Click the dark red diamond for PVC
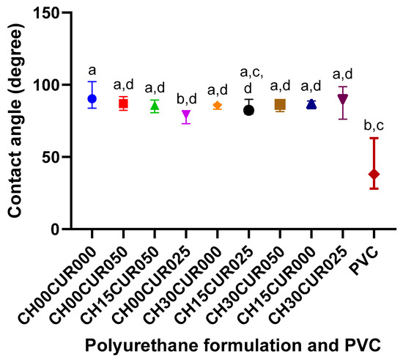click(x=374, y=174)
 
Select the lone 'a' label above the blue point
click(x=92, y=70)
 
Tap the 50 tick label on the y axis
click(x=56, y=158)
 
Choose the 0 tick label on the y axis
click(x=60, y=229)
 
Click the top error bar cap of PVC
click(x=374, y=138)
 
